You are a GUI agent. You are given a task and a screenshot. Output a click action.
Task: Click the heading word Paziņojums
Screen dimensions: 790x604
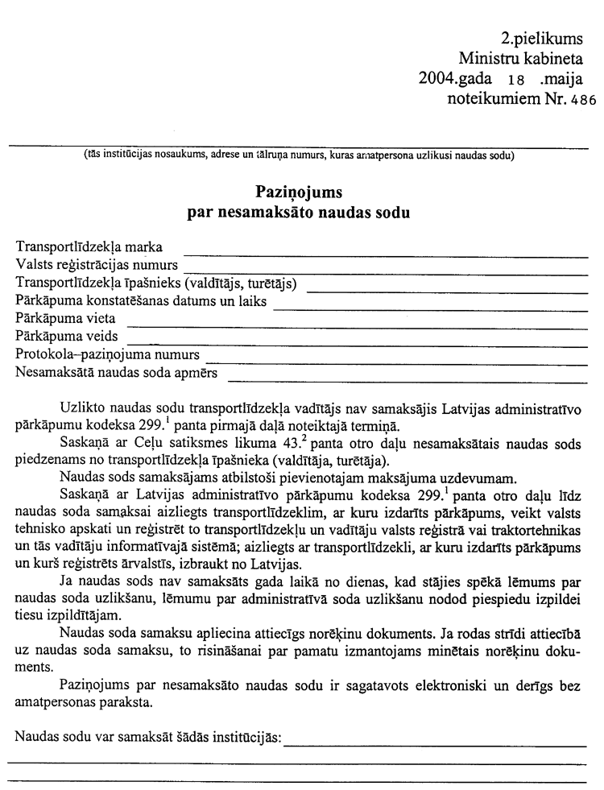click(299, 193)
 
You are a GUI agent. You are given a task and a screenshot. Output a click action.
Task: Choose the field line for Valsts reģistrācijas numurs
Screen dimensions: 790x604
click(386, 271)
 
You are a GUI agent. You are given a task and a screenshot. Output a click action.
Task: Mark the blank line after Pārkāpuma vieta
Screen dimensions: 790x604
click(356, 325)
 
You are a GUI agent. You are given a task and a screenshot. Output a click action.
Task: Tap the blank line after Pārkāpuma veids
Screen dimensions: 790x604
click(358, 344)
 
